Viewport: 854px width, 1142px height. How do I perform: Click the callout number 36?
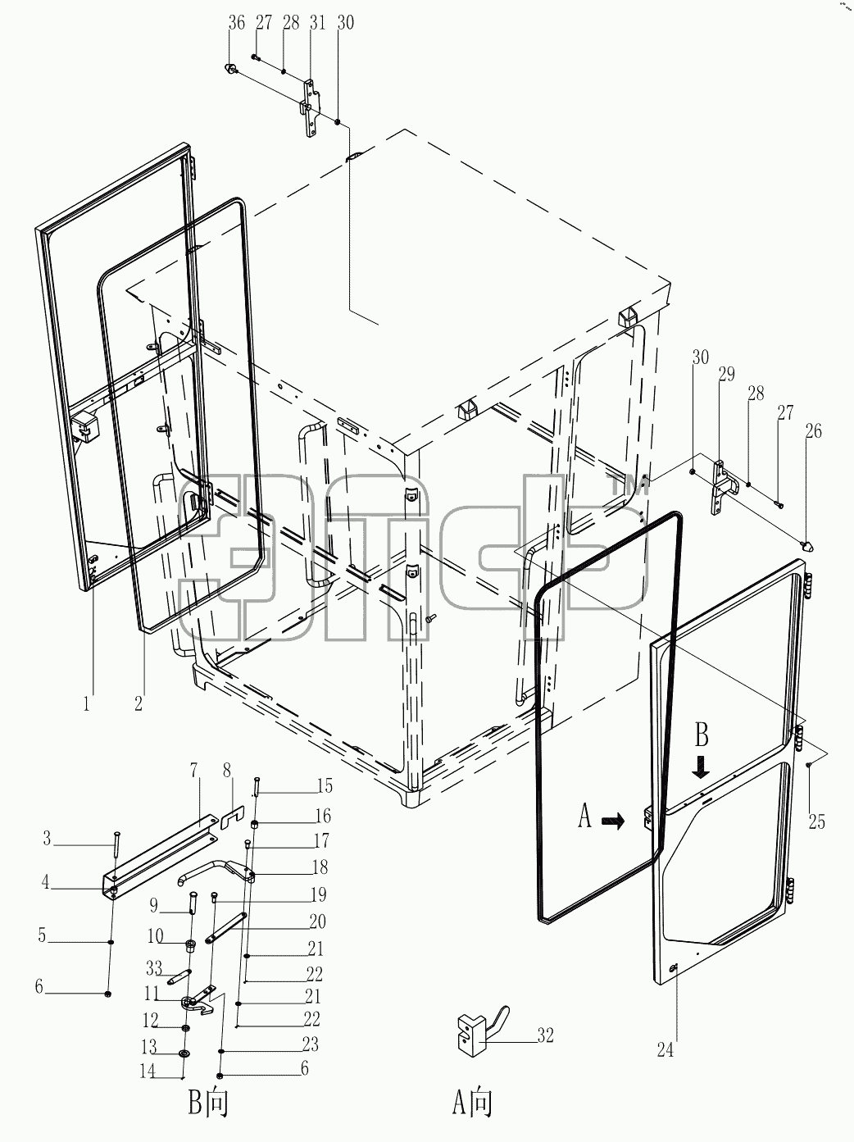pyautogui.click(x=237, y=24)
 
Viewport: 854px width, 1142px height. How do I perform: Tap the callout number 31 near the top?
pyautogui.click(x=317, y=24)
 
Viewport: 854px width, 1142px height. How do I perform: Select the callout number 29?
pyautogui.click(x=727, y=374)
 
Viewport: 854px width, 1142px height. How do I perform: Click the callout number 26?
pyautogui.click(x=814, y=430)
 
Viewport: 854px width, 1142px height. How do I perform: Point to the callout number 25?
pyautogui.click(x=816, y=821)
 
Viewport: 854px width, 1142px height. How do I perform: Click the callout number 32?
pyautogui.click(x=546, y=1035)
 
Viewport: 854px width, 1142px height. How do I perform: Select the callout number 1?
pyautogui.click(x=86, y=704)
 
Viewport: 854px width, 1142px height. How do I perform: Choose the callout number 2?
pyautogui.click(x=139, y=704)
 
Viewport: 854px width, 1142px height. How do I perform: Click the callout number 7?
pyautogui.click(x=194, y=770)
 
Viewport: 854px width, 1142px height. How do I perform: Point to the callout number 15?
pyautogui.click(x=325, y=785)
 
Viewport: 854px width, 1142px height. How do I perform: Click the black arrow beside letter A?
pyautogui.click(x=613, y=821)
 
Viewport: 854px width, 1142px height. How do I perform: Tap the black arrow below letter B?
pyautogui.click(x=701, y=767)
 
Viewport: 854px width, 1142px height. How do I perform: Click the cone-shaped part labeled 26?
pyautogui.click(x=807, y=546)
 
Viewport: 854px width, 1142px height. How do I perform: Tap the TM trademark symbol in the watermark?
pyautogui.click(x=629, y=486)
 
